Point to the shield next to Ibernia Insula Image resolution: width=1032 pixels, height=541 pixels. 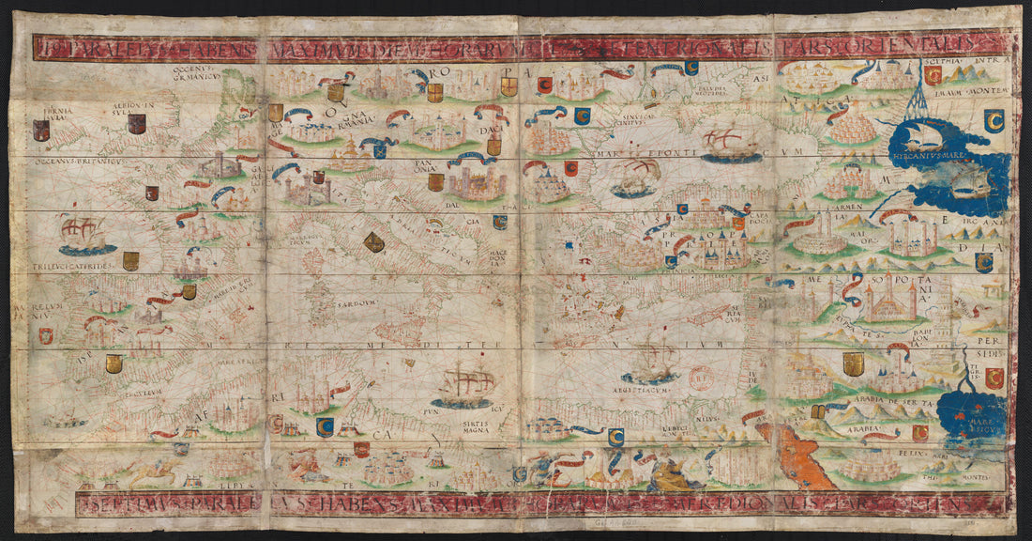pos(40,131)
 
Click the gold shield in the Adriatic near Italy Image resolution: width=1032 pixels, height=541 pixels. pos(373,241)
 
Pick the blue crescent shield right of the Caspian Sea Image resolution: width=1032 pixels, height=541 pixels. pos(994,119)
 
